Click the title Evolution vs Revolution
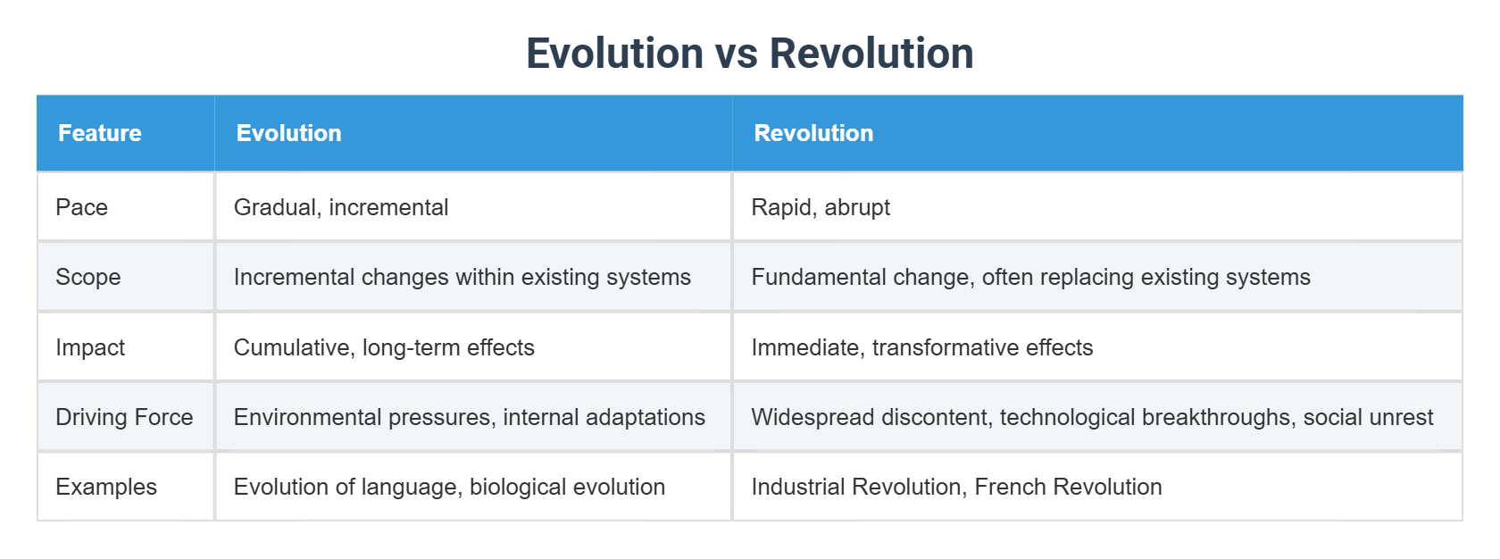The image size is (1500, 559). tap(749, 53)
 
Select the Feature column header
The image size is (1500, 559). tap(100, 133)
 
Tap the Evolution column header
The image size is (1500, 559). tap(288, 133)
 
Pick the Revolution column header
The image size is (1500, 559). tap(813, 133)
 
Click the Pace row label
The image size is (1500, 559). tap(82, 207)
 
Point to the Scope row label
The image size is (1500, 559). tap(88, 277)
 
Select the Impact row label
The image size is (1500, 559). tap(90, 347)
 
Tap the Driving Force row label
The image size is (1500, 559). tap(125, 417)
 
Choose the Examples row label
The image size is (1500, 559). tap(106, 487)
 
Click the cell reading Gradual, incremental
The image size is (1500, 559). tap(341, 207)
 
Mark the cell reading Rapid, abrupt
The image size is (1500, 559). tap(821, 207)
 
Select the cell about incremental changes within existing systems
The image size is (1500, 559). tap(462, 277)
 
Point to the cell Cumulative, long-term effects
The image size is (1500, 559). tap(384, 347)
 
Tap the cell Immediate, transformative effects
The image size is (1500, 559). tap(922, 347)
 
